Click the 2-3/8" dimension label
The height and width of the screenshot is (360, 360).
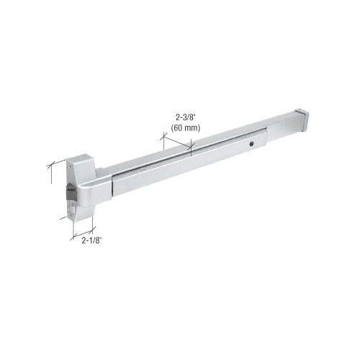point(185,117)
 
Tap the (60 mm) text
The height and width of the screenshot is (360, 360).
point(186,128)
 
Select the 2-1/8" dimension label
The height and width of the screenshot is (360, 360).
point(92,240)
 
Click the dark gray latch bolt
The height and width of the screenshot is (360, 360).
point(71,192)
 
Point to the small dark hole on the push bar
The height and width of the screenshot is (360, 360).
point(251,144)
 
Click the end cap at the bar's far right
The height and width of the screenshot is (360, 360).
point(302,120)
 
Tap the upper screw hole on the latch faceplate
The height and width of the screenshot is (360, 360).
point(70,166)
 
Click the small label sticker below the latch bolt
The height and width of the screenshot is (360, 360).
point(72,206)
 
